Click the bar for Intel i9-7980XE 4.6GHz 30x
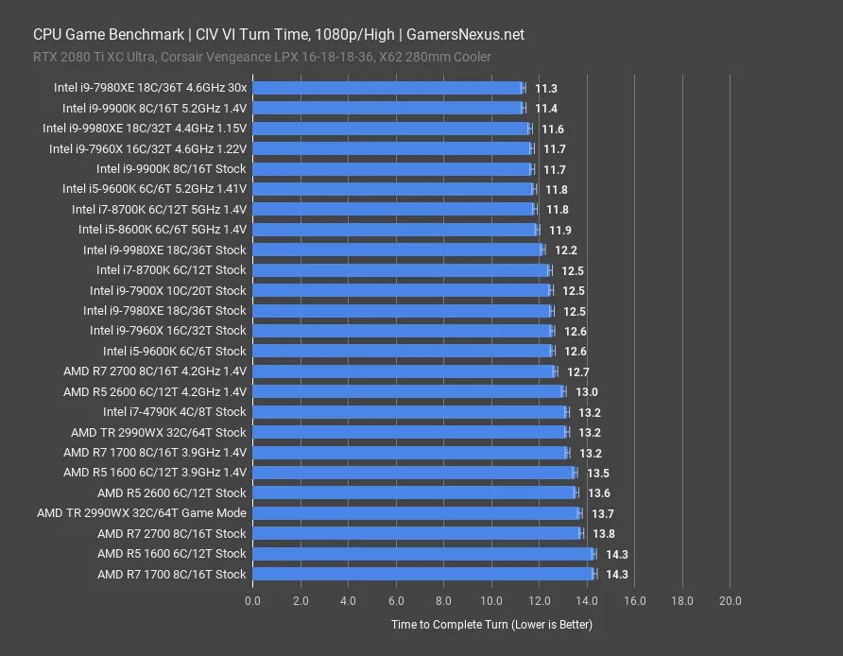(387, 88)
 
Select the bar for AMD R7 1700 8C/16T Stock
(423, 574)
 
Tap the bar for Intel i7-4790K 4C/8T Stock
(410, 412)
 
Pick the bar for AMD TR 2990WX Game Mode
(416, 513)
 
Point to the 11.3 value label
(545, 88)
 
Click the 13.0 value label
(586, 392)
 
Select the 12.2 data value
(566, 250)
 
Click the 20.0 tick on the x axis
(730, 600)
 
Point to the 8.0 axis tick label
(443, 600)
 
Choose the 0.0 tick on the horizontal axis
(252, 600)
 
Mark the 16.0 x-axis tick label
(634, 600)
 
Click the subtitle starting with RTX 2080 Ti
(262, 58)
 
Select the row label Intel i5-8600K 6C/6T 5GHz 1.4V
(162, 230)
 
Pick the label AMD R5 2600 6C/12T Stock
(171, 493)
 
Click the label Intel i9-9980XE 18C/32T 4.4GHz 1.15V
(144, 129)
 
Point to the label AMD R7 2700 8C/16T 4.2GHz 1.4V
(154, 371)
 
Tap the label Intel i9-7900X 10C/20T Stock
(167, 291)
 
